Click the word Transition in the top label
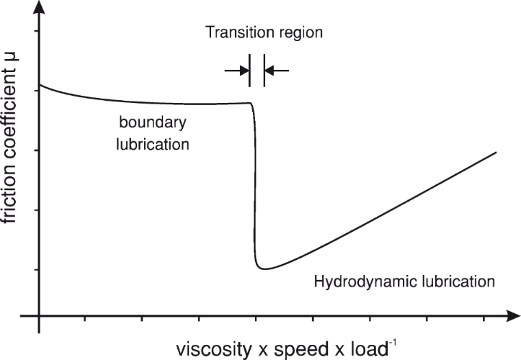pyautogui.click(x=233, y=33)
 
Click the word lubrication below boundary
pyautogui.click(x=152, y=143)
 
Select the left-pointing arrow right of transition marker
pyautogui.click(x=277, y=70)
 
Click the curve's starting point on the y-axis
pyautogui.click(x=40, y=85)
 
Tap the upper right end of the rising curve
pyautogui.click(x=496, y=153)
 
